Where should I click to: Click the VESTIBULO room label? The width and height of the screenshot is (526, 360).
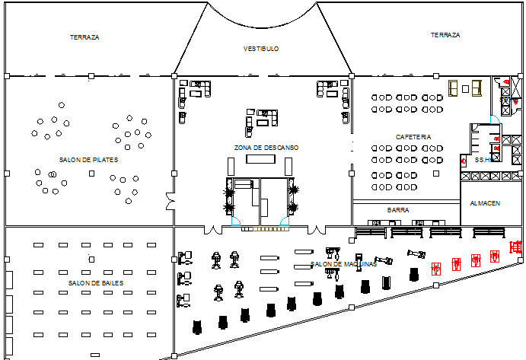click(261, 49)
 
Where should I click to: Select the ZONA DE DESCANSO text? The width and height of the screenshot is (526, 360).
click(266, 148)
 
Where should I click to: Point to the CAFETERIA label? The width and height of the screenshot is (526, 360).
click(413, 137)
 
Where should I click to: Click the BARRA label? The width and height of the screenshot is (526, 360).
click(398, 210)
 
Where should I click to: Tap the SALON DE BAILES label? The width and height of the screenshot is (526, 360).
click(95, 283)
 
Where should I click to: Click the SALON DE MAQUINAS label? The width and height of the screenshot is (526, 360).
click(343, 265)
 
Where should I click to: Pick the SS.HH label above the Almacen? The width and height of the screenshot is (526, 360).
click(483, 161)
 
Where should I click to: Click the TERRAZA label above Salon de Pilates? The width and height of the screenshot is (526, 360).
click(84, 37)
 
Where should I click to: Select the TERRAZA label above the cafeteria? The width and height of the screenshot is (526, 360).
click(445, 35)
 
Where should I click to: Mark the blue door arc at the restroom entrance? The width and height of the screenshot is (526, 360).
click(495, 119)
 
